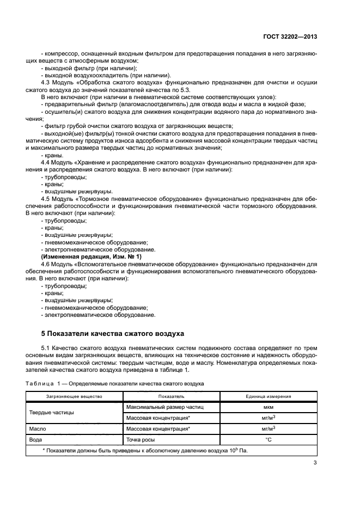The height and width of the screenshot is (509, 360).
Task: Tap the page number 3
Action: pyautogui.click(x=315, y=464)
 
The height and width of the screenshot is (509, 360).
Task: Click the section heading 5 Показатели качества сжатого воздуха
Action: pyautogui.click(x=113, y=333)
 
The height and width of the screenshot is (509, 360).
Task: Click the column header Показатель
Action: pyautogui.click(x=172, y=396)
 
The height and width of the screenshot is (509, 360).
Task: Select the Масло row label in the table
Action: pyautogui.click(x=38, y=428)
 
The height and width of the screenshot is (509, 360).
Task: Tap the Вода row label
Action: pyautogui.click(x=36, y=439)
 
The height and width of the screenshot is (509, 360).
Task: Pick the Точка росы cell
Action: pyautogui.click(x=142, y=439)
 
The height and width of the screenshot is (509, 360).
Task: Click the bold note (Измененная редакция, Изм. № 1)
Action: pyautogui.click(x=91, y=256)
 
